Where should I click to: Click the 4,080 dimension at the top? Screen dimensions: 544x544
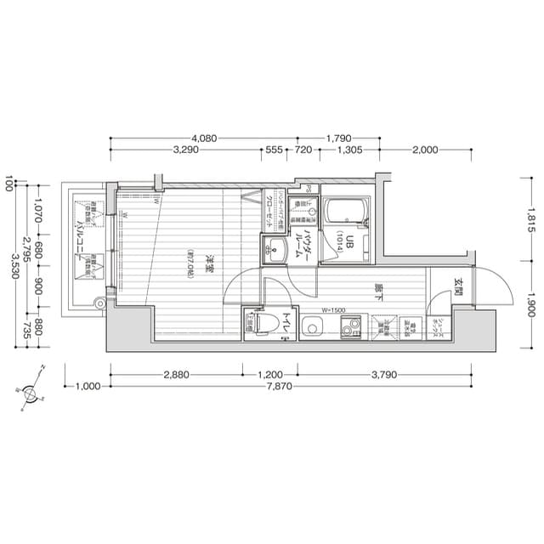(x=204, y=138)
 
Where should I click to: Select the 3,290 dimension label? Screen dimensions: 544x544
(x=185, y=150)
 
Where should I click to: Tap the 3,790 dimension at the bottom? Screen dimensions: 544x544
(x=383, y=373)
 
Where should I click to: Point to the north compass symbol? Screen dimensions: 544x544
(x=31, y=394)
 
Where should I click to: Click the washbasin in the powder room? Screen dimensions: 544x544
(x=275, y=249)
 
